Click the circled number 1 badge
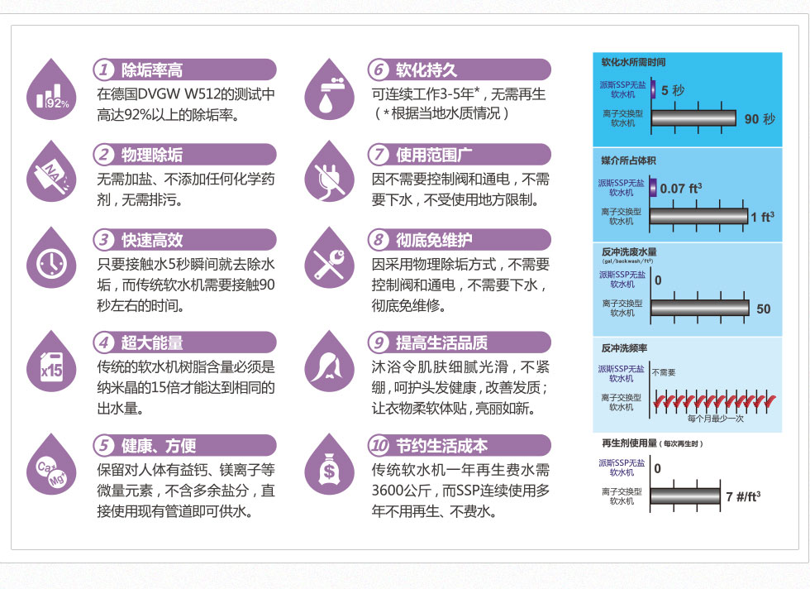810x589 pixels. point(104,69)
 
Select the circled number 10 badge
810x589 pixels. point(379,445)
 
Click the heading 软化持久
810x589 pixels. point(426,69)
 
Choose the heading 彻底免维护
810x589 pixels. point(434,240)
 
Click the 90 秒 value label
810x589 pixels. point(760,119)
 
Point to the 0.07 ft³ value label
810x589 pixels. point(681,189)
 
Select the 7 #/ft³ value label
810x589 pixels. point(743,497)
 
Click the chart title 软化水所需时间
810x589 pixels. point(633,62)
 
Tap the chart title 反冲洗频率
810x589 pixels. point(624,348)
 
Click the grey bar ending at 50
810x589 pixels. point(700,309)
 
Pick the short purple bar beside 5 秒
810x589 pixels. point(654,89)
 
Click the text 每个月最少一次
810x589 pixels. point(716,419)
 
